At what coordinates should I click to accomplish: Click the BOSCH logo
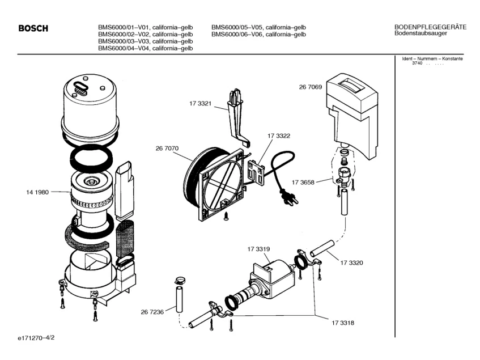(33, 28)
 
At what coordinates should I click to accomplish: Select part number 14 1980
(37, 192)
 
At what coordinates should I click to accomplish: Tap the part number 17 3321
(200, 104)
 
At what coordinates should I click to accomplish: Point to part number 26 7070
(167, 149)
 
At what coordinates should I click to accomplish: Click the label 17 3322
(279, 135)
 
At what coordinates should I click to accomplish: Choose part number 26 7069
(311, 87)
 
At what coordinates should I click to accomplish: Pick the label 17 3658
(303, 183)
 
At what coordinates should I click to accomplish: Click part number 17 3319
(258, 249)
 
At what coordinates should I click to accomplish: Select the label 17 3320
(351, 262)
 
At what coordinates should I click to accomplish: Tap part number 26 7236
(152, 312)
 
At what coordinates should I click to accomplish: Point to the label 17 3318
(343, 323)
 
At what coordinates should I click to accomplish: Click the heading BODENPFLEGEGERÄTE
(430, 27)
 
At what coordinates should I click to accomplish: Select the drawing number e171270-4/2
(36, 338)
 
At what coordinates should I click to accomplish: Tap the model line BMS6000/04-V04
(146, 48)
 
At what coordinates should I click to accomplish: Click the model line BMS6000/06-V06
(258, 34)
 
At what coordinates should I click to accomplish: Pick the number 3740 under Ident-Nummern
(417, 63)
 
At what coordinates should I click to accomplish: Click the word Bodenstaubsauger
(420, 33)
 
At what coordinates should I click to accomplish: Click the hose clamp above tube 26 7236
(180, 279)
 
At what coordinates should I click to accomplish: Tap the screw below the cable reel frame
(226, 216)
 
